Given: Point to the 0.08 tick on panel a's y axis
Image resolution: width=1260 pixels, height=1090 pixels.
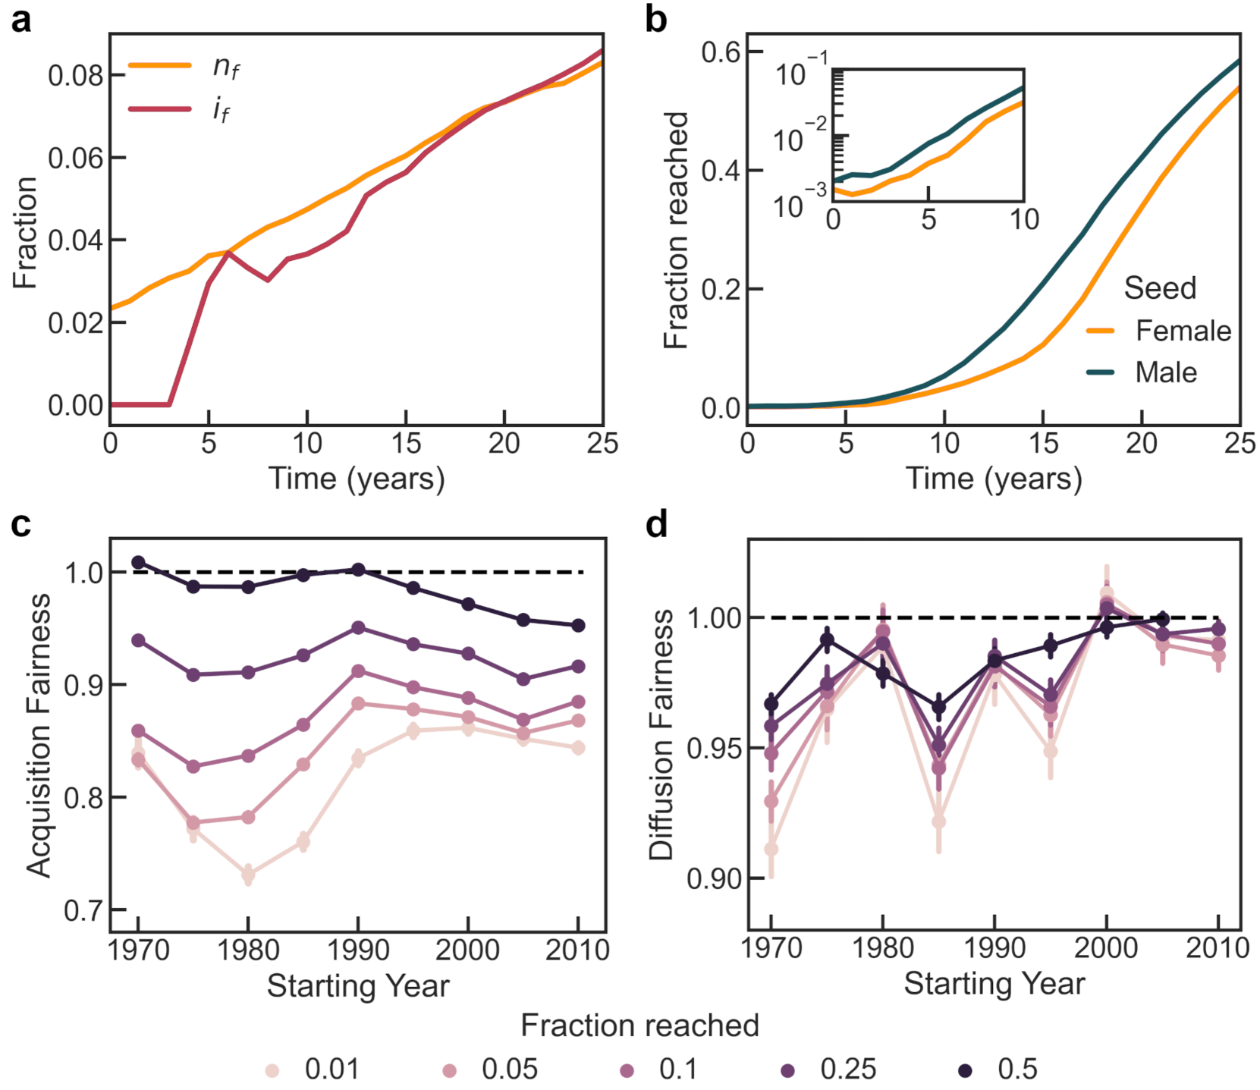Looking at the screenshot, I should point(76,76).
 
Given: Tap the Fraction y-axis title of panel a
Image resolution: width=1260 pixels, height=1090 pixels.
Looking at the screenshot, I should point(26,233).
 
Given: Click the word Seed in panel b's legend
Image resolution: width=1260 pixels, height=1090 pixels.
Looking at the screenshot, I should point(1160,288).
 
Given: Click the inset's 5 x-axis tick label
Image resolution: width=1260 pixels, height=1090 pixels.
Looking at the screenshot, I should point(929,220).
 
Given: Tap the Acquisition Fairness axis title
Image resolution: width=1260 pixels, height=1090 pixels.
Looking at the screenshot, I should point(39,735).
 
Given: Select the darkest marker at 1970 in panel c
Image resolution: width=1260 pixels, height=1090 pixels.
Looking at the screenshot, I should point(138,562).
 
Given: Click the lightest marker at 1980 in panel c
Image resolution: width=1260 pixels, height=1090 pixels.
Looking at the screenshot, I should point(248,874).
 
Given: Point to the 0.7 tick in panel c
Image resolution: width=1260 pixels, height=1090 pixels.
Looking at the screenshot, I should point(83,910).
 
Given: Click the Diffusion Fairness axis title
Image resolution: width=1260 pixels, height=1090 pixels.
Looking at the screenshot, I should point(661,734).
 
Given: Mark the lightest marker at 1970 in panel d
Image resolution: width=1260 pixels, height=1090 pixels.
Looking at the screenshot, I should point(771,849).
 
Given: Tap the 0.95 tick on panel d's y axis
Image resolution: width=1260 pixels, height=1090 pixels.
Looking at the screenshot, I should point(710,749).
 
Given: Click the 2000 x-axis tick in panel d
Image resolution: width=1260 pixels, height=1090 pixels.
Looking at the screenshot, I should point(1106,947).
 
